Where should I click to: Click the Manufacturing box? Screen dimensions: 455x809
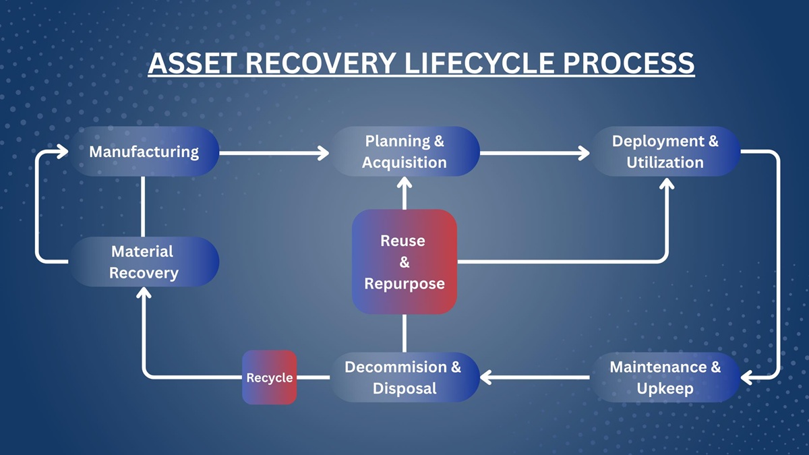[x=144, y=152]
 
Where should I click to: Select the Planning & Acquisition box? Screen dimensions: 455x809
[x=404, y=152]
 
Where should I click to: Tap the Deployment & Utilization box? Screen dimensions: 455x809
[x=665, y=152]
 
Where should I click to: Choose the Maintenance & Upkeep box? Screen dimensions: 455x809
[x=665, y=377]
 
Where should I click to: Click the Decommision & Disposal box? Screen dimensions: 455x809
[x=404, y=377]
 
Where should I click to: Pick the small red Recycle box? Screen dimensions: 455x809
[x=270, y=377]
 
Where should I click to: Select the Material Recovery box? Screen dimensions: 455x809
[x=144, y=262]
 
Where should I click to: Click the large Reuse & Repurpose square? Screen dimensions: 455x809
[x=404, y=262]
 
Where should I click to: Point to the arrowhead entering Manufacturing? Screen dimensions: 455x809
[x=62, y=152]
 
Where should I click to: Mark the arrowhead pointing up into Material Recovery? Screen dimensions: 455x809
[x=144, y=293]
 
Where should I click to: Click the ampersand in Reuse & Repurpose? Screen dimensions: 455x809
[x=404, y=262]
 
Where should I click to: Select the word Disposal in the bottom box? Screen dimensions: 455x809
[x=404, y=388]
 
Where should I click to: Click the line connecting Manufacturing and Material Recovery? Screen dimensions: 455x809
[x=144, y=206]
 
